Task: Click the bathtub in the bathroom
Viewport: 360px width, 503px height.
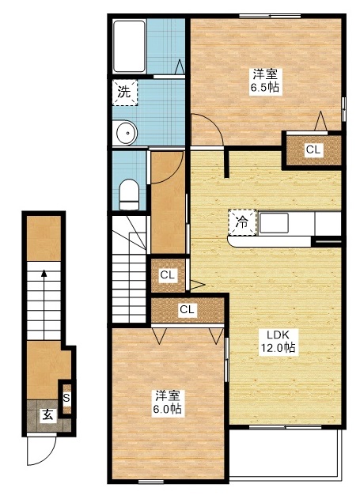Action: pyautogui.click(x=128, y=46)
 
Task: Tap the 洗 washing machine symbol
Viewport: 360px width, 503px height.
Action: pyautogui.click(x=123, y=92)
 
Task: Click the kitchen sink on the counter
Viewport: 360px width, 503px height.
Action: pyautogui.click(x=274, y=223)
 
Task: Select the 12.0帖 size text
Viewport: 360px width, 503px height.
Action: pyautogui.click(x=279, y=348)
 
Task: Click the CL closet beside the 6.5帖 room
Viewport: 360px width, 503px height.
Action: pyautogui.click(x=313, y=149)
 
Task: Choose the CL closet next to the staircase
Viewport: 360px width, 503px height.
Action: pyautogui.click(x=167, y=275)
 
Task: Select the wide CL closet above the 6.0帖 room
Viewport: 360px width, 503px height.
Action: pyautogui.click(x=187, y=309)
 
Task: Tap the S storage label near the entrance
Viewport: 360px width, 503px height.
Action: pyautogui.click(x=66, y=398)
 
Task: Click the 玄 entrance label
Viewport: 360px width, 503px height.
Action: pyautogui.click(x=47, y=414)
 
